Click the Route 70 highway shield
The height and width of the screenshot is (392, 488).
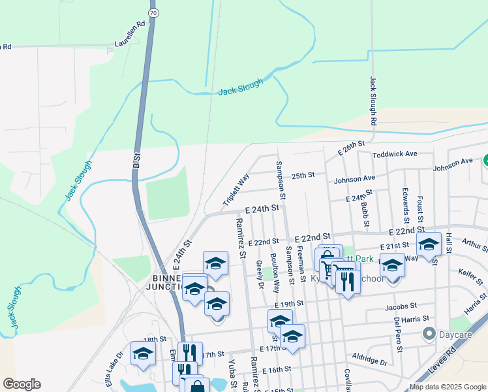point(152,12)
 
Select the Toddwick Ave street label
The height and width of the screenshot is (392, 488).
point(395,154)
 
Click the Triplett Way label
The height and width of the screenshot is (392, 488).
point(236,190)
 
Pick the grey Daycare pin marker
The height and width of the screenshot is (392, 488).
point(429,335)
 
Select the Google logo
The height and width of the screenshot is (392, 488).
point(22,384)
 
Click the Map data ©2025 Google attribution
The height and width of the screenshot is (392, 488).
point(447,387)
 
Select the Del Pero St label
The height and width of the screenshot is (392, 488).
point(397,334)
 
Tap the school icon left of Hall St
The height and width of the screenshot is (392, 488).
point(429,244)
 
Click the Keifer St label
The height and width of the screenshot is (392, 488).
point(470,278)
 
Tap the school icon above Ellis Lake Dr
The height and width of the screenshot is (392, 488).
point(143,353)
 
